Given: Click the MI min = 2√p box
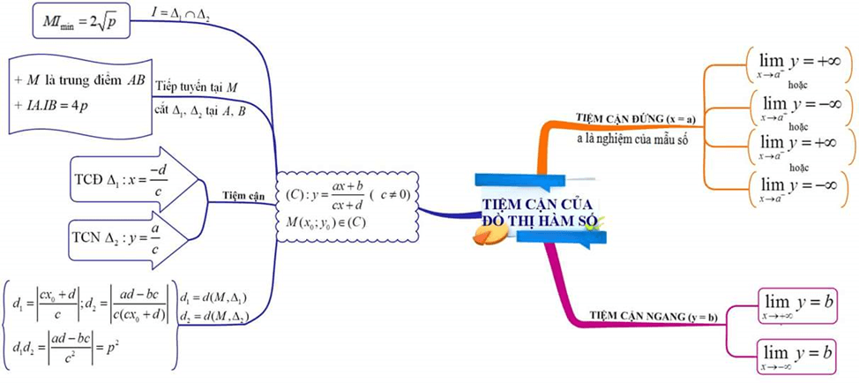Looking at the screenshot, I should coord(81,21).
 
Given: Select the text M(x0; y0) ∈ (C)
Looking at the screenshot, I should coord(321,222).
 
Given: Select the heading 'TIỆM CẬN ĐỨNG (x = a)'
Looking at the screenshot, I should coord(635,117).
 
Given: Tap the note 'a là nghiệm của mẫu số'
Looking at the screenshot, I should coord(631,139).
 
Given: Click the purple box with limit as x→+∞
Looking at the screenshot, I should coord(796,304).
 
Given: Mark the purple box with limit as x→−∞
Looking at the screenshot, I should coord(796,355).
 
